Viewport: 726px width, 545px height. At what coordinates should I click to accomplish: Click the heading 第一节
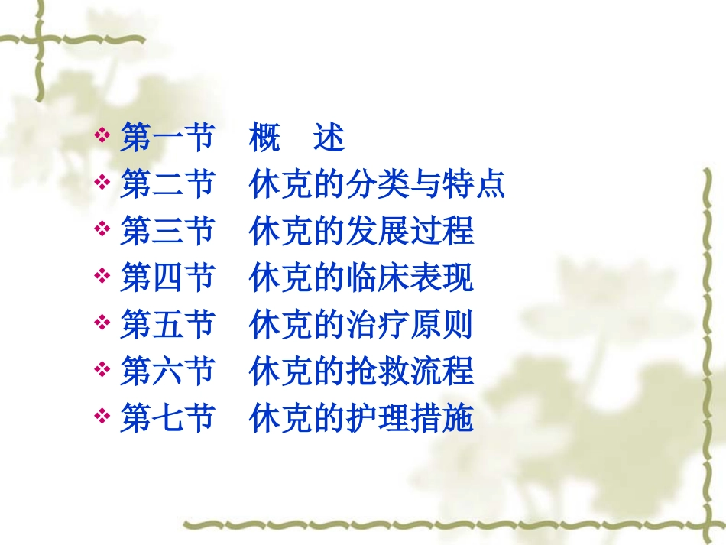[x=166, y=138]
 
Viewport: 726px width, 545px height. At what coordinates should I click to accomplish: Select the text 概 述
[x=297, y=138]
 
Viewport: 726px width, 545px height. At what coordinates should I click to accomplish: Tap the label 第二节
[x=166, y=184]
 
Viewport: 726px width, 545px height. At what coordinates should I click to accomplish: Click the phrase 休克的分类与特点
[x=377, y=184]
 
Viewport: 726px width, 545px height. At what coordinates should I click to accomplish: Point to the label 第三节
[x=166, y=231]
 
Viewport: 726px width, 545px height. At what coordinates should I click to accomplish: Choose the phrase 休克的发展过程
[x=361, y=231]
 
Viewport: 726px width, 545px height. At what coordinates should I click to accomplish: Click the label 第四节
[x=166, y=278]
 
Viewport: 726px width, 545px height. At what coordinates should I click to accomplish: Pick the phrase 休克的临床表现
[x=361, y=278]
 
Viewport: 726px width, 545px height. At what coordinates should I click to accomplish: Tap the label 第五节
[x=166, y=325]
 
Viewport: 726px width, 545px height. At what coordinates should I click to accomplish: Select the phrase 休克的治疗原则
[x=361, y=325]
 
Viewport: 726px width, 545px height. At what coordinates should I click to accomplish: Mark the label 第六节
[x=166, y=371]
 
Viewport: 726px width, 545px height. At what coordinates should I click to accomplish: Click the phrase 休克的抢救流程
[x=361, y=371]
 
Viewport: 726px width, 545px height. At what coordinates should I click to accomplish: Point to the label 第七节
[x=166, y=419]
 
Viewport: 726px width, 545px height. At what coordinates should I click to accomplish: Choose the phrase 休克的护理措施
[x=361, y=419]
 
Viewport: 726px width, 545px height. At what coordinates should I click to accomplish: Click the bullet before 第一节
[x=102, y=138]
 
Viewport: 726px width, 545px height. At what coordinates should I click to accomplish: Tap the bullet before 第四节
[x=102, y=278]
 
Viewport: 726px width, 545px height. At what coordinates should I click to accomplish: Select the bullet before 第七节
[x=102, y=419]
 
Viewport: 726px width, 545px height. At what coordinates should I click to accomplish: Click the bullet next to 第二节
[x=102, y=184]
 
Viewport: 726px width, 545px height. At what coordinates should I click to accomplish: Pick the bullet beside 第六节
[x=102, y=371]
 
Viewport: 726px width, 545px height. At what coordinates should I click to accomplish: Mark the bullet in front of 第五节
[x=102, y=325]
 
